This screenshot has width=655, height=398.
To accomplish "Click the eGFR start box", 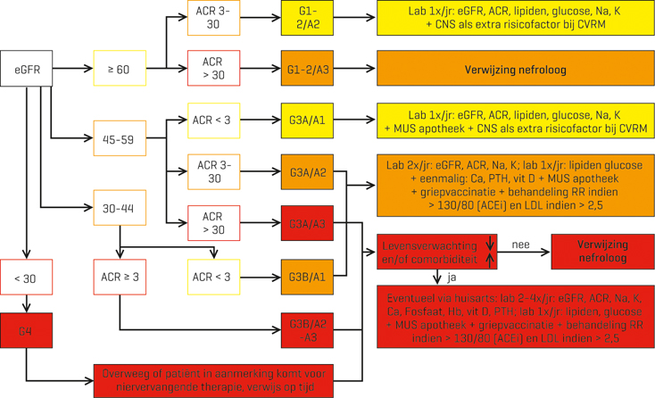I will point(26,67).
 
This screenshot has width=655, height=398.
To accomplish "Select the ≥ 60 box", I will point(119,67).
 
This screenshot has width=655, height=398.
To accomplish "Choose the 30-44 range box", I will point(119,209).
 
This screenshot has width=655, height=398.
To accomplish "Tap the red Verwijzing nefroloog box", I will point(601,252).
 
